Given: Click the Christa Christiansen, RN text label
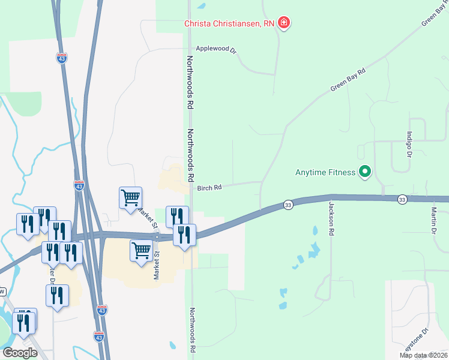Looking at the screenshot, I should [229, 23].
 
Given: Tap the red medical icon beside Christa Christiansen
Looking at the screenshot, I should [284, 23].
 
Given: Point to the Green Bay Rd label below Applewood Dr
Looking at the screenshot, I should [348, 80].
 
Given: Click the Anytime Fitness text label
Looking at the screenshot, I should [325, 173].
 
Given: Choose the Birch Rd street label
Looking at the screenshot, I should [209, 187].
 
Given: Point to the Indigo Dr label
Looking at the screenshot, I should [409, 144].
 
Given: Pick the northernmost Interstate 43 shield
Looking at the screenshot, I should [62, 58].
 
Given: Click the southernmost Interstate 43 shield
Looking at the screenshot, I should [99, 336].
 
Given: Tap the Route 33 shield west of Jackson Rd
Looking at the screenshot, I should [288, 205].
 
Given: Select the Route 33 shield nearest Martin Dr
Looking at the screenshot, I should [402, 199].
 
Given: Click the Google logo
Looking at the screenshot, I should [20, 353].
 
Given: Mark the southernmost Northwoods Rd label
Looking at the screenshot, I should [193, 330].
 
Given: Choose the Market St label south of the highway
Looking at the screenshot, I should [156, 265].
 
